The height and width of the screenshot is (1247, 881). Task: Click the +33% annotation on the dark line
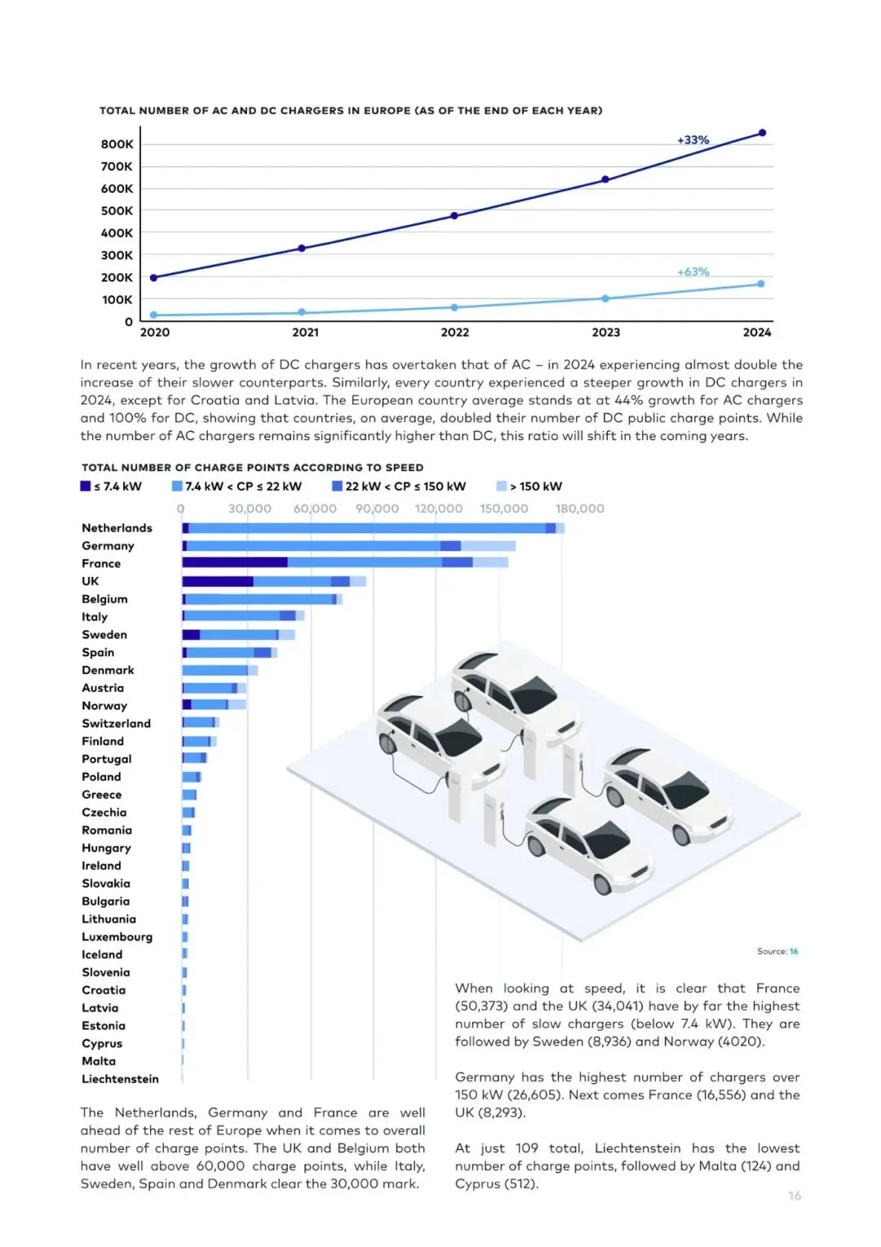coord(693,140)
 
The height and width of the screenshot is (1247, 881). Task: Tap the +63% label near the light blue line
coord(693,272)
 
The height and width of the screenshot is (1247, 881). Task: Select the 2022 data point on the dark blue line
coord(454,216)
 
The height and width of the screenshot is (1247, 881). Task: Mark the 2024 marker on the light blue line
coord(760,284)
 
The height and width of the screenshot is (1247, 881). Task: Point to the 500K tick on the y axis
coord(117,211)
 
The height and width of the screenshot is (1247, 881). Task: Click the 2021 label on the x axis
coord(305,332)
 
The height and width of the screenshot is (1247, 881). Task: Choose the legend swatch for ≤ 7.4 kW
coord(86,486)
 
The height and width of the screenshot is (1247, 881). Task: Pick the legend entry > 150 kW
coord(530,486)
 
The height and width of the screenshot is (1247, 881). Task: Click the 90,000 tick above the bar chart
coord(377,508)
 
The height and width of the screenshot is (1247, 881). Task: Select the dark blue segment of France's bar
coord(234,562)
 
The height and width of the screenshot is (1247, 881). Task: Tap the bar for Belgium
coord(261,599)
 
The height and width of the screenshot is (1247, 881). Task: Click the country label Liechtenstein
coord(120,1079)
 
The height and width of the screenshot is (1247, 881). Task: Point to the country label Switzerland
coord(116,724)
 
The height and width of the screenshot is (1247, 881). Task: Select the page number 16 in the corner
coord(795,1196)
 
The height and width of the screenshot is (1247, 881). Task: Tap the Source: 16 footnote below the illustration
coord(777,952)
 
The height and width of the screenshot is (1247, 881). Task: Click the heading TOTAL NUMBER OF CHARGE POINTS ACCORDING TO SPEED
coord(252,468)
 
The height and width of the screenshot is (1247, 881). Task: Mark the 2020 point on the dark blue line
coord(153,278)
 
